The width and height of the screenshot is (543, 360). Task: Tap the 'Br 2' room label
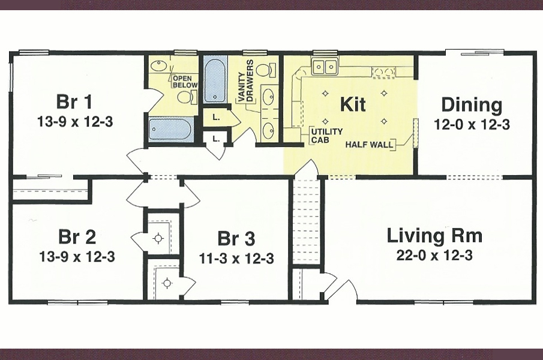[77, 236]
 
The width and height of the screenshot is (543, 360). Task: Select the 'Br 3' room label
[236, 239]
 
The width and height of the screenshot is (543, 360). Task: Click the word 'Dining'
[472, 105]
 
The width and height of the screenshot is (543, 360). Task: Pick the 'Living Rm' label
[434, 235]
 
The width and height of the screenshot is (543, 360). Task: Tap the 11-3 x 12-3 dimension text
[236, 259]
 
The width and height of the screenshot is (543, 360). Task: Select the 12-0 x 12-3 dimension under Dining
[472, 125]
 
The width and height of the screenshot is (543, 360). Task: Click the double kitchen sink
[325, 67]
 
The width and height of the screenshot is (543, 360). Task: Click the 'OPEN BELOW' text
[185, 82]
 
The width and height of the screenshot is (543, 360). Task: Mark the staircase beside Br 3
[307, 222]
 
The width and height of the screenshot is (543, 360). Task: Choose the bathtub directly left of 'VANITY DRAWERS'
[215, 79]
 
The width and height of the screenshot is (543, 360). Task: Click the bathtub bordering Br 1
[170, 129]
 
